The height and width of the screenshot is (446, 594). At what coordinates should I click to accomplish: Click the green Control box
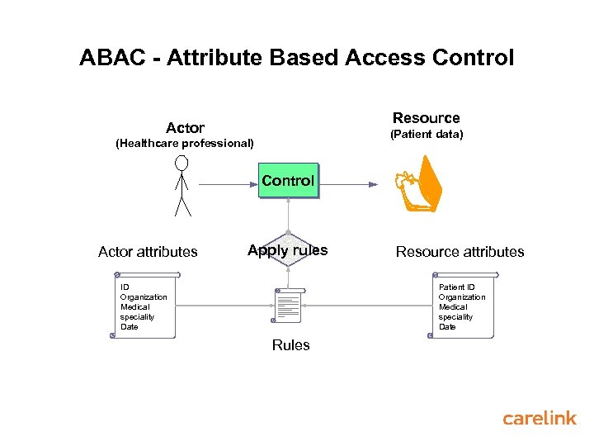click(288, 181)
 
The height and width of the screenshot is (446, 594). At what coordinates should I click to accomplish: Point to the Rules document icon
click(289, 306)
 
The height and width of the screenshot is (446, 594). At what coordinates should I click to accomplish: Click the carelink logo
click(540, 419)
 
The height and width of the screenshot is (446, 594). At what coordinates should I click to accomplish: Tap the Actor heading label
click(185, 128)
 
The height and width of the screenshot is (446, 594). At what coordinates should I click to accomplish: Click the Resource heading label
click(426, 118)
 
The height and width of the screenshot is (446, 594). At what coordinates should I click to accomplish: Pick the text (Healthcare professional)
click(185, 144)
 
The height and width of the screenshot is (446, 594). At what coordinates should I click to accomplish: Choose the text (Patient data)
click(427, 134)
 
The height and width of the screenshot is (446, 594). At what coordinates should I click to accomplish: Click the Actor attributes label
click(148, 252)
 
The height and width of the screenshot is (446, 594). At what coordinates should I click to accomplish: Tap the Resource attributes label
click(460, 252)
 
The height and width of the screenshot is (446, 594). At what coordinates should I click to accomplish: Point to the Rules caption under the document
click(290, 345)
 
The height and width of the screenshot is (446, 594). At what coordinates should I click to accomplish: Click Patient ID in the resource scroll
click(456, 287)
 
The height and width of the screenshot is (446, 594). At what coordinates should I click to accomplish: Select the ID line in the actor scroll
click(125, 287)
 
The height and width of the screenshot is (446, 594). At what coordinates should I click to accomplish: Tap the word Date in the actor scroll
click(130, 327)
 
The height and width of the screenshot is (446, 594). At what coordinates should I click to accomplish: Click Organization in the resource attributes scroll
click(462, 297)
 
